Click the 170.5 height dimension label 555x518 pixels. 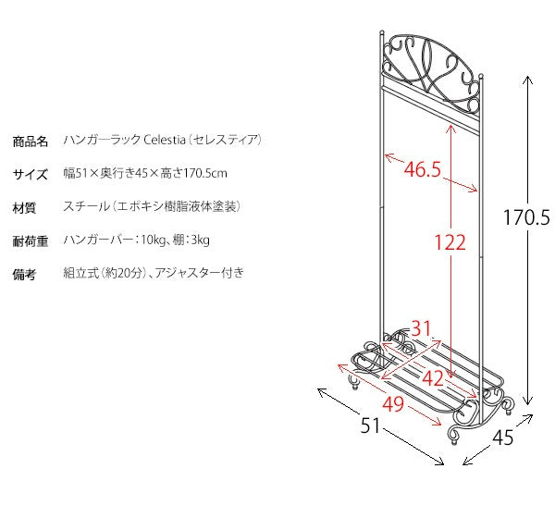(x=526, y=217)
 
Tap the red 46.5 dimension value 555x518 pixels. (x=423, y=169)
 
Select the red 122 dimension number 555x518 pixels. (x=450, y=242)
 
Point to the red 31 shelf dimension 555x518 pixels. (x=421, y=328)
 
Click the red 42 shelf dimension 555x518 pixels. (x=433, y=378)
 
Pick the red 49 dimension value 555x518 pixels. (x=393, y=403)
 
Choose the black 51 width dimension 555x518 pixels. (x=370, y=425)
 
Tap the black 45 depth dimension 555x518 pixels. (x=502, y=438)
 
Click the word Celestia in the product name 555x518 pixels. (x=165, y=140)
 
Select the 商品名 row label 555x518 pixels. (x=31, y=142)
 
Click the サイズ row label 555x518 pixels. (x=31, y=175)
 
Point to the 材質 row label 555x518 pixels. (x=24, y=207)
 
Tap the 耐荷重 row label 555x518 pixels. (x=31, y=240)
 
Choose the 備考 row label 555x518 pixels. (x=24, y=274)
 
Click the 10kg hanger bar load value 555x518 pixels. (x=153, y=240)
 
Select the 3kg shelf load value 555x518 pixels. (x=201, y=240)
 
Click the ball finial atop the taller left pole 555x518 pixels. (x=381, y=32)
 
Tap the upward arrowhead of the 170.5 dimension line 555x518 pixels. (x=527, y=80)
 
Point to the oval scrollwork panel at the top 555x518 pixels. (x=431, y=72)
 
